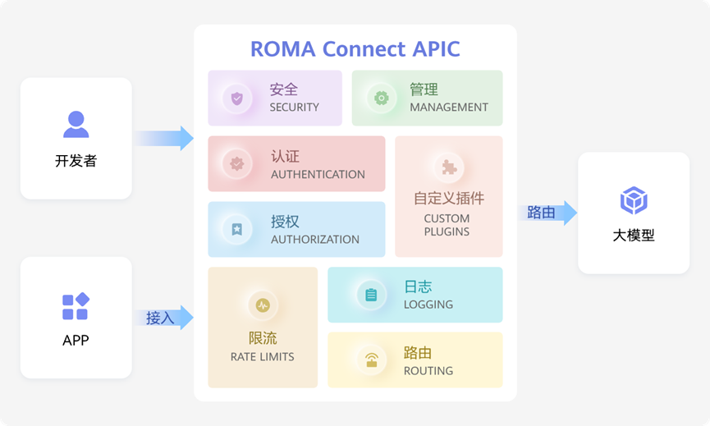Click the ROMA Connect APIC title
pos(355,49)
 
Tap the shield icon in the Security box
pos(237,98)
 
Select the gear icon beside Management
pos(381,98)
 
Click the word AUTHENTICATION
pos(318,174)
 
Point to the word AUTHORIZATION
pos(315,239)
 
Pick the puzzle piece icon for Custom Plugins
pos(449,167)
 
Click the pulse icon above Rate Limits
pos(263,305)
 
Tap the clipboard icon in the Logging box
pos(371,295)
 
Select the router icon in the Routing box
pos(372,360)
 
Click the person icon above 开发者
pos(76,124)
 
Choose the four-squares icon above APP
pos(76,306)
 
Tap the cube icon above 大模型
pos(634,200)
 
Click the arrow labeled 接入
pos(164,318)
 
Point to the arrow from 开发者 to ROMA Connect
pos(164,138)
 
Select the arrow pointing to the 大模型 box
pos(547,213)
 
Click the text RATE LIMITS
pos(262,357)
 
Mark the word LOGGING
pos(428,305)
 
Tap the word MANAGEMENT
pos(449,108)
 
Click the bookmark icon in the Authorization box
pos(237,229)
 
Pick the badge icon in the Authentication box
pos(237,163)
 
